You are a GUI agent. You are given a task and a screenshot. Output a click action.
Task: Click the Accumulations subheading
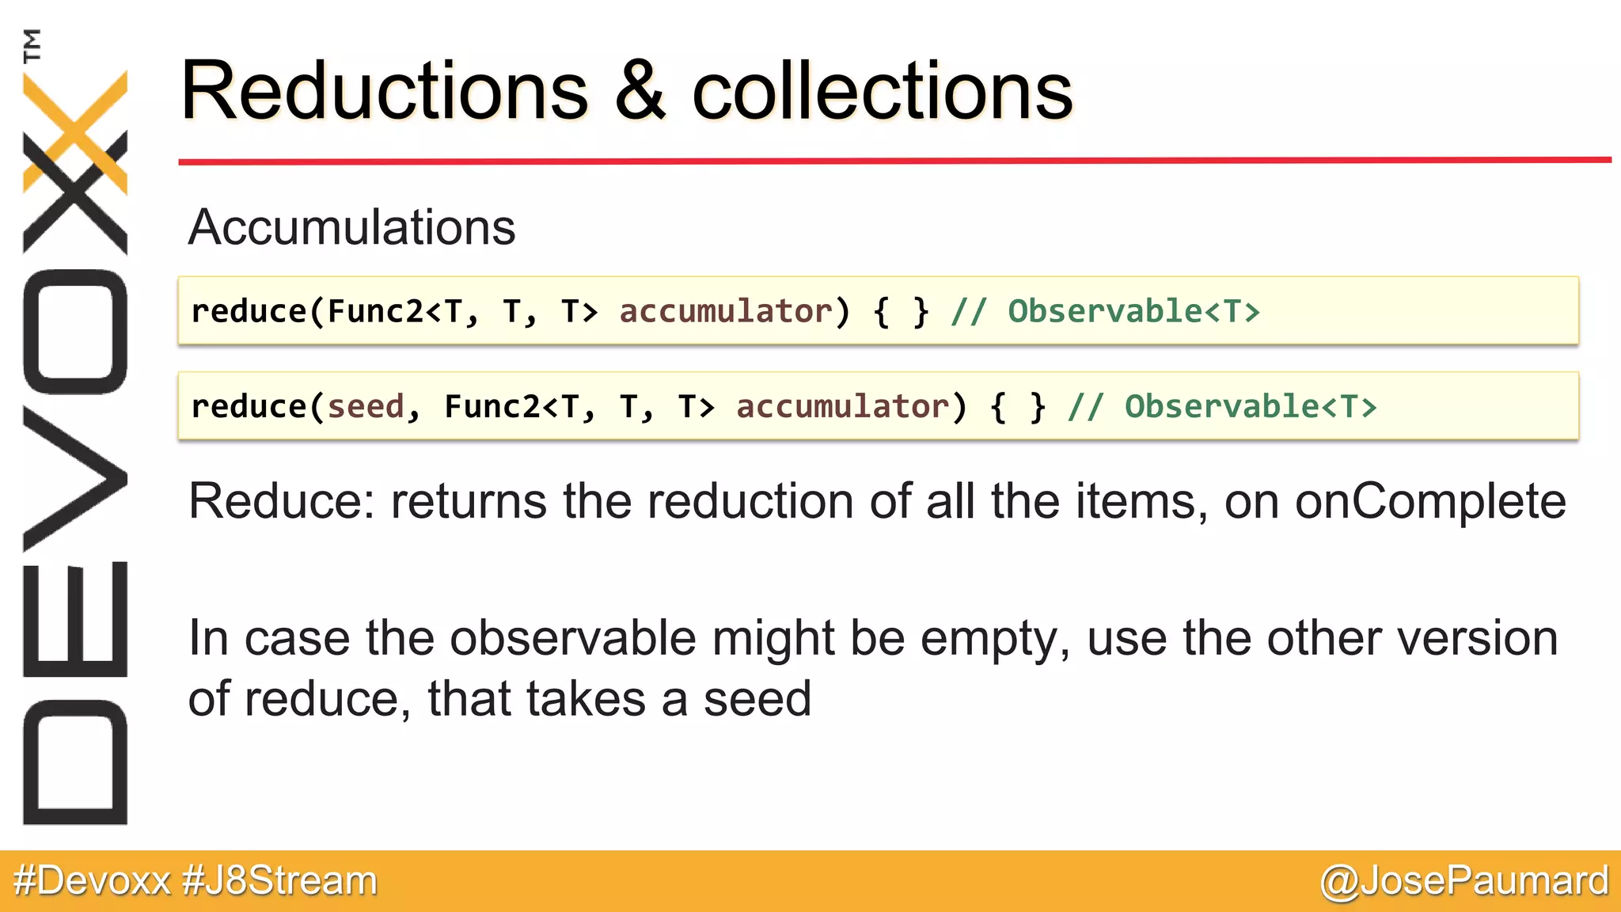point(351,227)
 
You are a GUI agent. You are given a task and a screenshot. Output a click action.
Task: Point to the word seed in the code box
point(366,407)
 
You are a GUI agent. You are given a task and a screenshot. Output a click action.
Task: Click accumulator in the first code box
point(726,312)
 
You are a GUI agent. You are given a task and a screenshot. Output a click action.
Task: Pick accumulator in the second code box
point(843,407)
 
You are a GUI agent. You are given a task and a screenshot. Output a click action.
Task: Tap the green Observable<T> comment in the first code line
point(1133,312)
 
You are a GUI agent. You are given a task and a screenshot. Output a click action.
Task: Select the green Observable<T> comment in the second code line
point(1251,407)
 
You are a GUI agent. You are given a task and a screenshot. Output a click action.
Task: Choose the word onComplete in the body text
point(1430,501)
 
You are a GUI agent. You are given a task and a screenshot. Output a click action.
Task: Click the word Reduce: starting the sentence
point(280,501)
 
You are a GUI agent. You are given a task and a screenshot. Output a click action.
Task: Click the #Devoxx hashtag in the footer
point(92,881)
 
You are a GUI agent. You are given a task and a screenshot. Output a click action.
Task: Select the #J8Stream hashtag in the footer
point(279,881)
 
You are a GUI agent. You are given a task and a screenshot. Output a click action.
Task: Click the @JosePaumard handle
point(1464,881)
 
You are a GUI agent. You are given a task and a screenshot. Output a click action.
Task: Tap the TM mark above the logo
point(32,45)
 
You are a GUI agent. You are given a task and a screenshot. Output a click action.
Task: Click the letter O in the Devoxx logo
point(75,332)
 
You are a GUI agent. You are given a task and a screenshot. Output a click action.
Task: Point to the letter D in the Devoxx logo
point(75,762)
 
